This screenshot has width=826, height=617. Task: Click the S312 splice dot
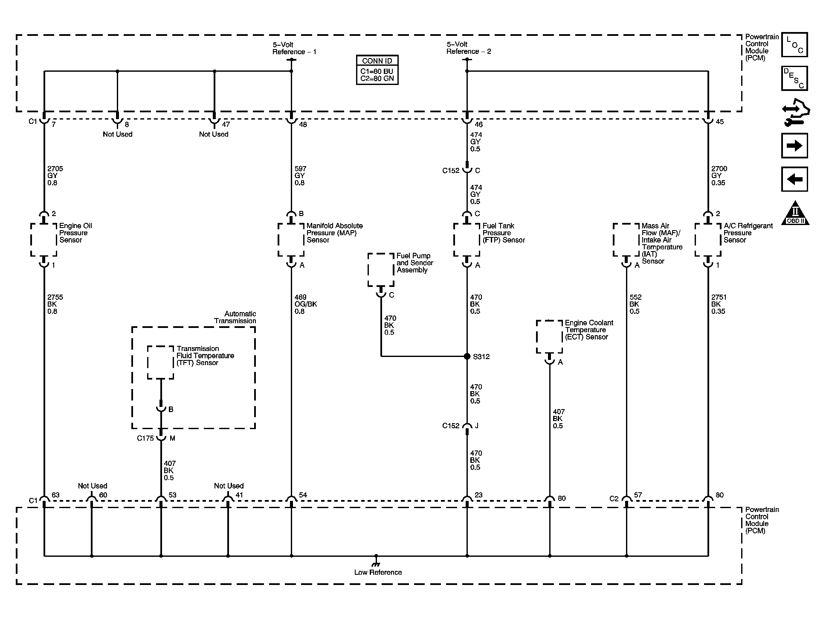(x=467, y=356)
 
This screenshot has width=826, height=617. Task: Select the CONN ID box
(x=377, y=70)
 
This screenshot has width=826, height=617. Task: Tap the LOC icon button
(x=794, y=45)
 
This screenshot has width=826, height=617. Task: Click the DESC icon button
(x=794, y=78)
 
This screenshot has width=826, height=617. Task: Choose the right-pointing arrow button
(x=794, y=146)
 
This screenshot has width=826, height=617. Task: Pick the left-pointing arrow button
(x=794, y=179)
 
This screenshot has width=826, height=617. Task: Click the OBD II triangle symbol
(x=795, y=213)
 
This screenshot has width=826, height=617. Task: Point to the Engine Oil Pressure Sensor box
(x=44, y=240)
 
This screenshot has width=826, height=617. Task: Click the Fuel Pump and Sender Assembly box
(x=381, y=270)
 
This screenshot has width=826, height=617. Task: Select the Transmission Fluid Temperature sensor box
(x=161, y=362)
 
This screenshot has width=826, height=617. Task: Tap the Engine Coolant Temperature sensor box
(x=549, y=337)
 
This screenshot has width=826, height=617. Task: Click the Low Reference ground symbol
(x=376, y=559)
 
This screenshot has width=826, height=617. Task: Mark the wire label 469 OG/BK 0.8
(x=305, y=304)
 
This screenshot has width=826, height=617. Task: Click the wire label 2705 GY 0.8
(x=55, y=175)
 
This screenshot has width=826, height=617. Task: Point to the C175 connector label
(x=145, y=438)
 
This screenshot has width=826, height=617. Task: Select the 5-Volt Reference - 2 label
(x=468, y=48)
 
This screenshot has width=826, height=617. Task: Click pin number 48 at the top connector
(x=303, y=125)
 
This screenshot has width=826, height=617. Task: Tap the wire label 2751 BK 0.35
(x=719, y=304)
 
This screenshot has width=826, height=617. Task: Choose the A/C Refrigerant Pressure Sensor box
(x=708, y=240)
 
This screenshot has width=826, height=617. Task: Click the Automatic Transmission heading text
(x=235, y=317)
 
